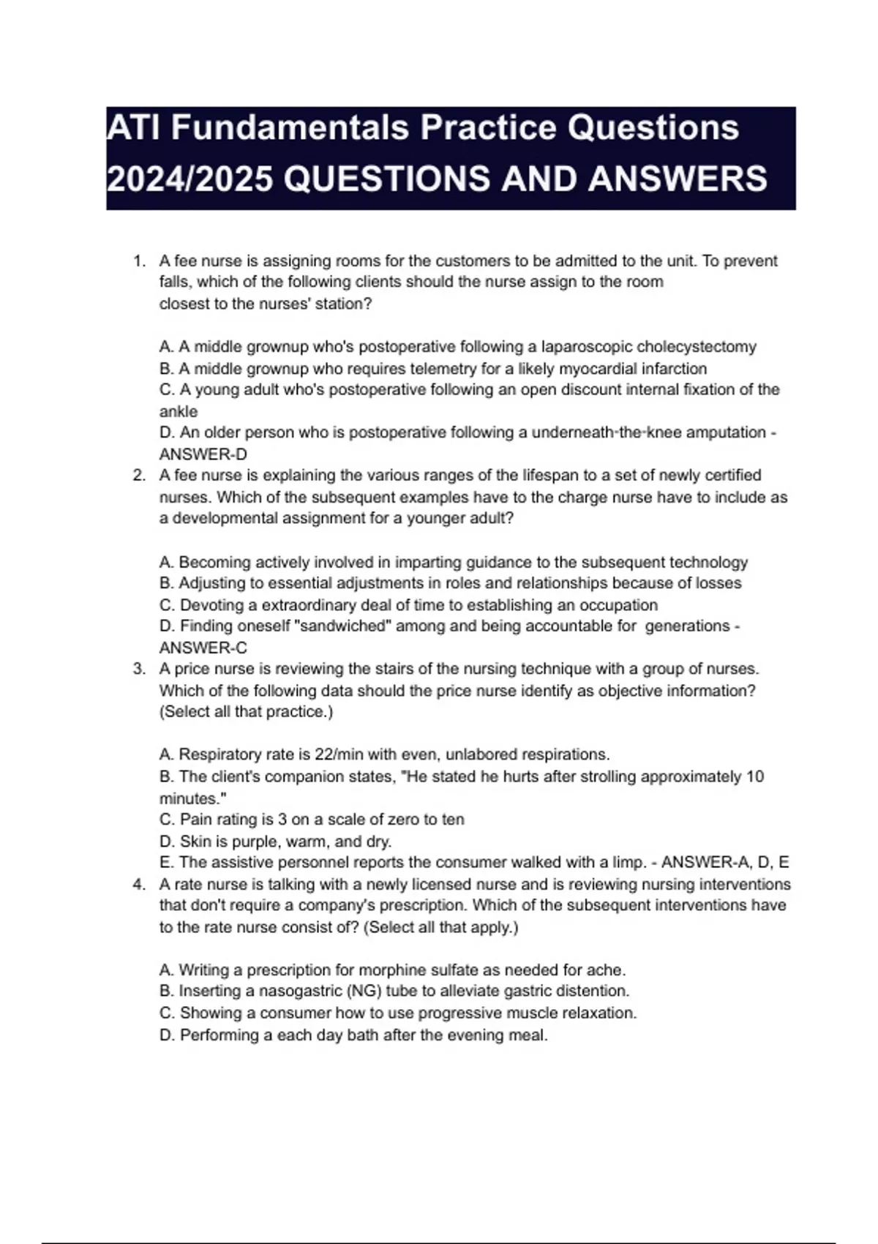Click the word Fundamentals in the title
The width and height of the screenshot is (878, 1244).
[x=290, y=129]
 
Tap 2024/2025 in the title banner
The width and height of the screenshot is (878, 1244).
[x=190, y=179]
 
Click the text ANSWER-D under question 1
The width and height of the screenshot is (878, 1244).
[x=203, y=454]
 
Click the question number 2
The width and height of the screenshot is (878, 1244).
[x=139, y=476]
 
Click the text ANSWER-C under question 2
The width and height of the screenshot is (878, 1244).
[x=203, y=648]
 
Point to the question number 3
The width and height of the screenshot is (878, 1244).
[x=139, y=669]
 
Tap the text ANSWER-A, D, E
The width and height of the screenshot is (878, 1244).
[x=725, y=863]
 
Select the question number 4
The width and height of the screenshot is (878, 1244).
[x=139, y=885]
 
